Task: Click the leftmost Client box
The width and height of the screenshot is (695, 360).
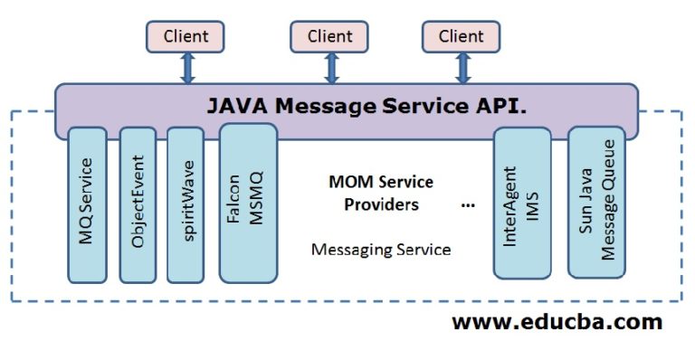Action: tap(186, 37)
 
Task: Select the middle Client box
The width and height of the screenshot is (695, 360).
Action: tap(329, 37)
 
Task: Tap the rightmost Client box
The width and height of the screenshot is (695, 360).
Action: tap(462, 37)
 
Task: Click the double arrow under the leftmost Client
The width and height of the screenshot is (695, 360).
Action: tap(188, 68)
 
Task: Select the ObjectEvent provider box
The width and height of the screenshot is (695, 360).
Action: tap(138, 204)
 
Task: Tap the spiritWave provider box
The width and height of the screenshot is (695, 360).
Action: tap(186, 204)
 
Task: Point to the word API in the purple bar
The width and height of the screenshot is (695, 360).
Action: tap(502, 106)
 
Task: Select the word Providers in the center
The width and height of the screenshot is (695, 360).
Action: tap(381, 204)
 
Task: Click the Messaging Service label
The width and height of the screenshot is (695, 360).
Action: tap(380, 249)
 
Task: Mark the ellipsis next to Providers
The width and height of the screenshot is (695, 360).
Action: tap(468, 205)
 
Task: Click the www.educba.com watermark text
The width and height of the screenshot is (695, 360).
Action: tap(557, 322)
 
